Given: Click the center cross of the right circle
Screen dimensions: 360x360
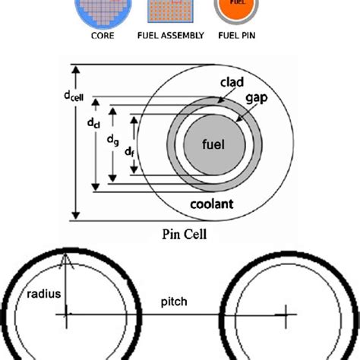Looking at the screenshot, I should click(286, 312).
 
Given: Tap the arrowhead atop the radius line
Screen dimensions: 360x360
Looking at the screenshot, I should click(67, 261).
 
